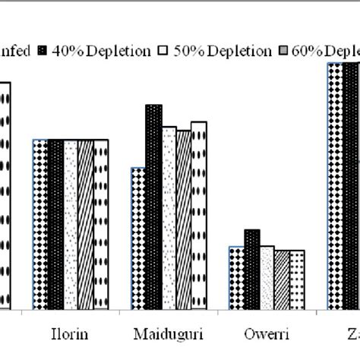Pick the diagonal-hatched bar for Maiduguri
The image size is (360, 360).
point(183,219)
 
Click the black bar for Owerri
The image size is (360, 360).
point(251,269)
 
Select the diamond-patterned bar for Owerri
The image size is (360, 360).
point(237,277)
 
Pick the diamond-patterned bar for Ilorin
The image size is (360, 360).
point(39,224)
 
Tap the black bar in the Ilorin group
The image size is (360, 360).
point(55,224)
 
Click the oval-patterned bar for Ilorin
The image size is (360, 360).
point(100,224)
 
